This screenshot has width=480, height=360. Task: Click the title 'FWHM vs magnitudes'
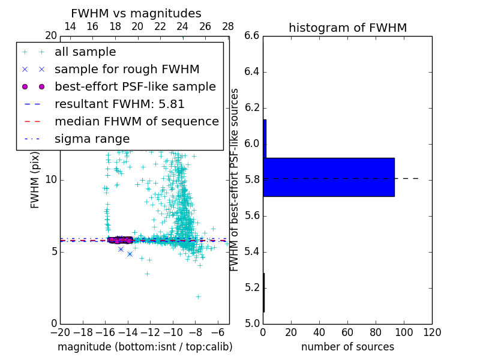coord(136,14)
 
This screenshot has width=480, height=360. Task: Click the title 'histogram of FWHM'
coord(347,28)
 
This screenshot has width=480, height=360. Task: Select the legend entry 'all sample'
coord(85,52)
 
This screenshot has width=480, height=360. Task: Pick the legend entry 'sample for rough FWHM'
coord(127,70)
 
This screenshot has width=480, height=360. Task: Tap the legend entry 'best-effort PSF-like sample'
coord(135,86)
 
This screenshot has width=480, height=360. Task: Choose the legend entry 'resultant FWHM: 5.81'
coord(119,104)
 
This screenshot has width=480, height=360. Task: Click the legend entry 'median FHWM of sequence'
coord(136,121)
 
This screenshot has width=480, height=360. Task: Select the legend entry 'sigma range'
coord(92,139)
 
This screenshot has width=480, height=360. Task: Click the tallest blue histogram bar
coord(328,177)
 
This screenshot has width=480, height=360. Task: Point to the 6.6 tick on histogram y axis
coord(252,36)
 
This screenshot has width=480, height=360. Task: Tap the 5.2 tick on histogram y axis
coord(252,288)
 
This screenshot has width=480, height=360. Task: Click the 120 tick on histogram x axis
coord(432,332)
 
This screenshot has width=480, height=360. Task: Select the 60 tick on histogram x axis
coord(347,332)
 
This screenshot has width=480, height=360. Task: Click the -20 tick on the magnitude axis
coord(60,332)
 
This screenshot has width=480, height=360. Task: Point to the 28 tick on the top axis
coord(228,26)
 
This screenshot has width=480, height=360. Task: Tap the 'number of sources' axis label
coord(347,347)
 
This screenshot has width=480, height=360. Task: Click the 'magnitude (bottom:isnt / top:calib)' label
coord(145,347)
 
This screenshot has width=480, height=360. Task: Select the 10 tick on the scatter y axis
coord(51,180)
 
